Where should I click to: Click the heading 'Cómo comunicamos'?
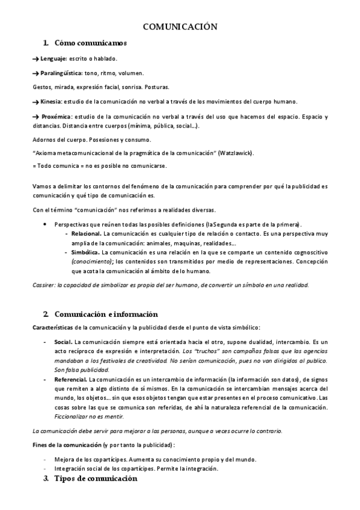[x=90, y=43]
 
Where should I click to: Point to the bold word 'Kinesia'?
[x=50, y=101]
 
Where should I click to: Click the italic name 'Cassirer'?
[x=43, y=285]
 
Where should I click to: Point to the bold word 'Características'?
[x=52, y=327]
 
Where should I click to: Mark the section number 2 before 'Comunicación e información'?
[x=46, y=314]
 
